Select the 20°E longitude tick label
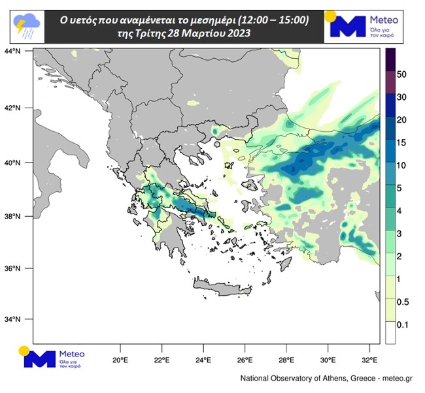120,360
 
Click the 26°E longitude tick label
245,360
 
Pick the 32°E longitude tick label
370,360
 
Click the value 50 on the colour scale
403,74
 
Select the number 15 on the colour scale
403,142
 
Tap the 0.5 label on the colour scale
403,302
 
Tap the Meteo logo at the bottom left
52,358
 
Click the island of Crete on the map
222,285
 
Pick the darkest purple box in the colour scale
390,57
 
